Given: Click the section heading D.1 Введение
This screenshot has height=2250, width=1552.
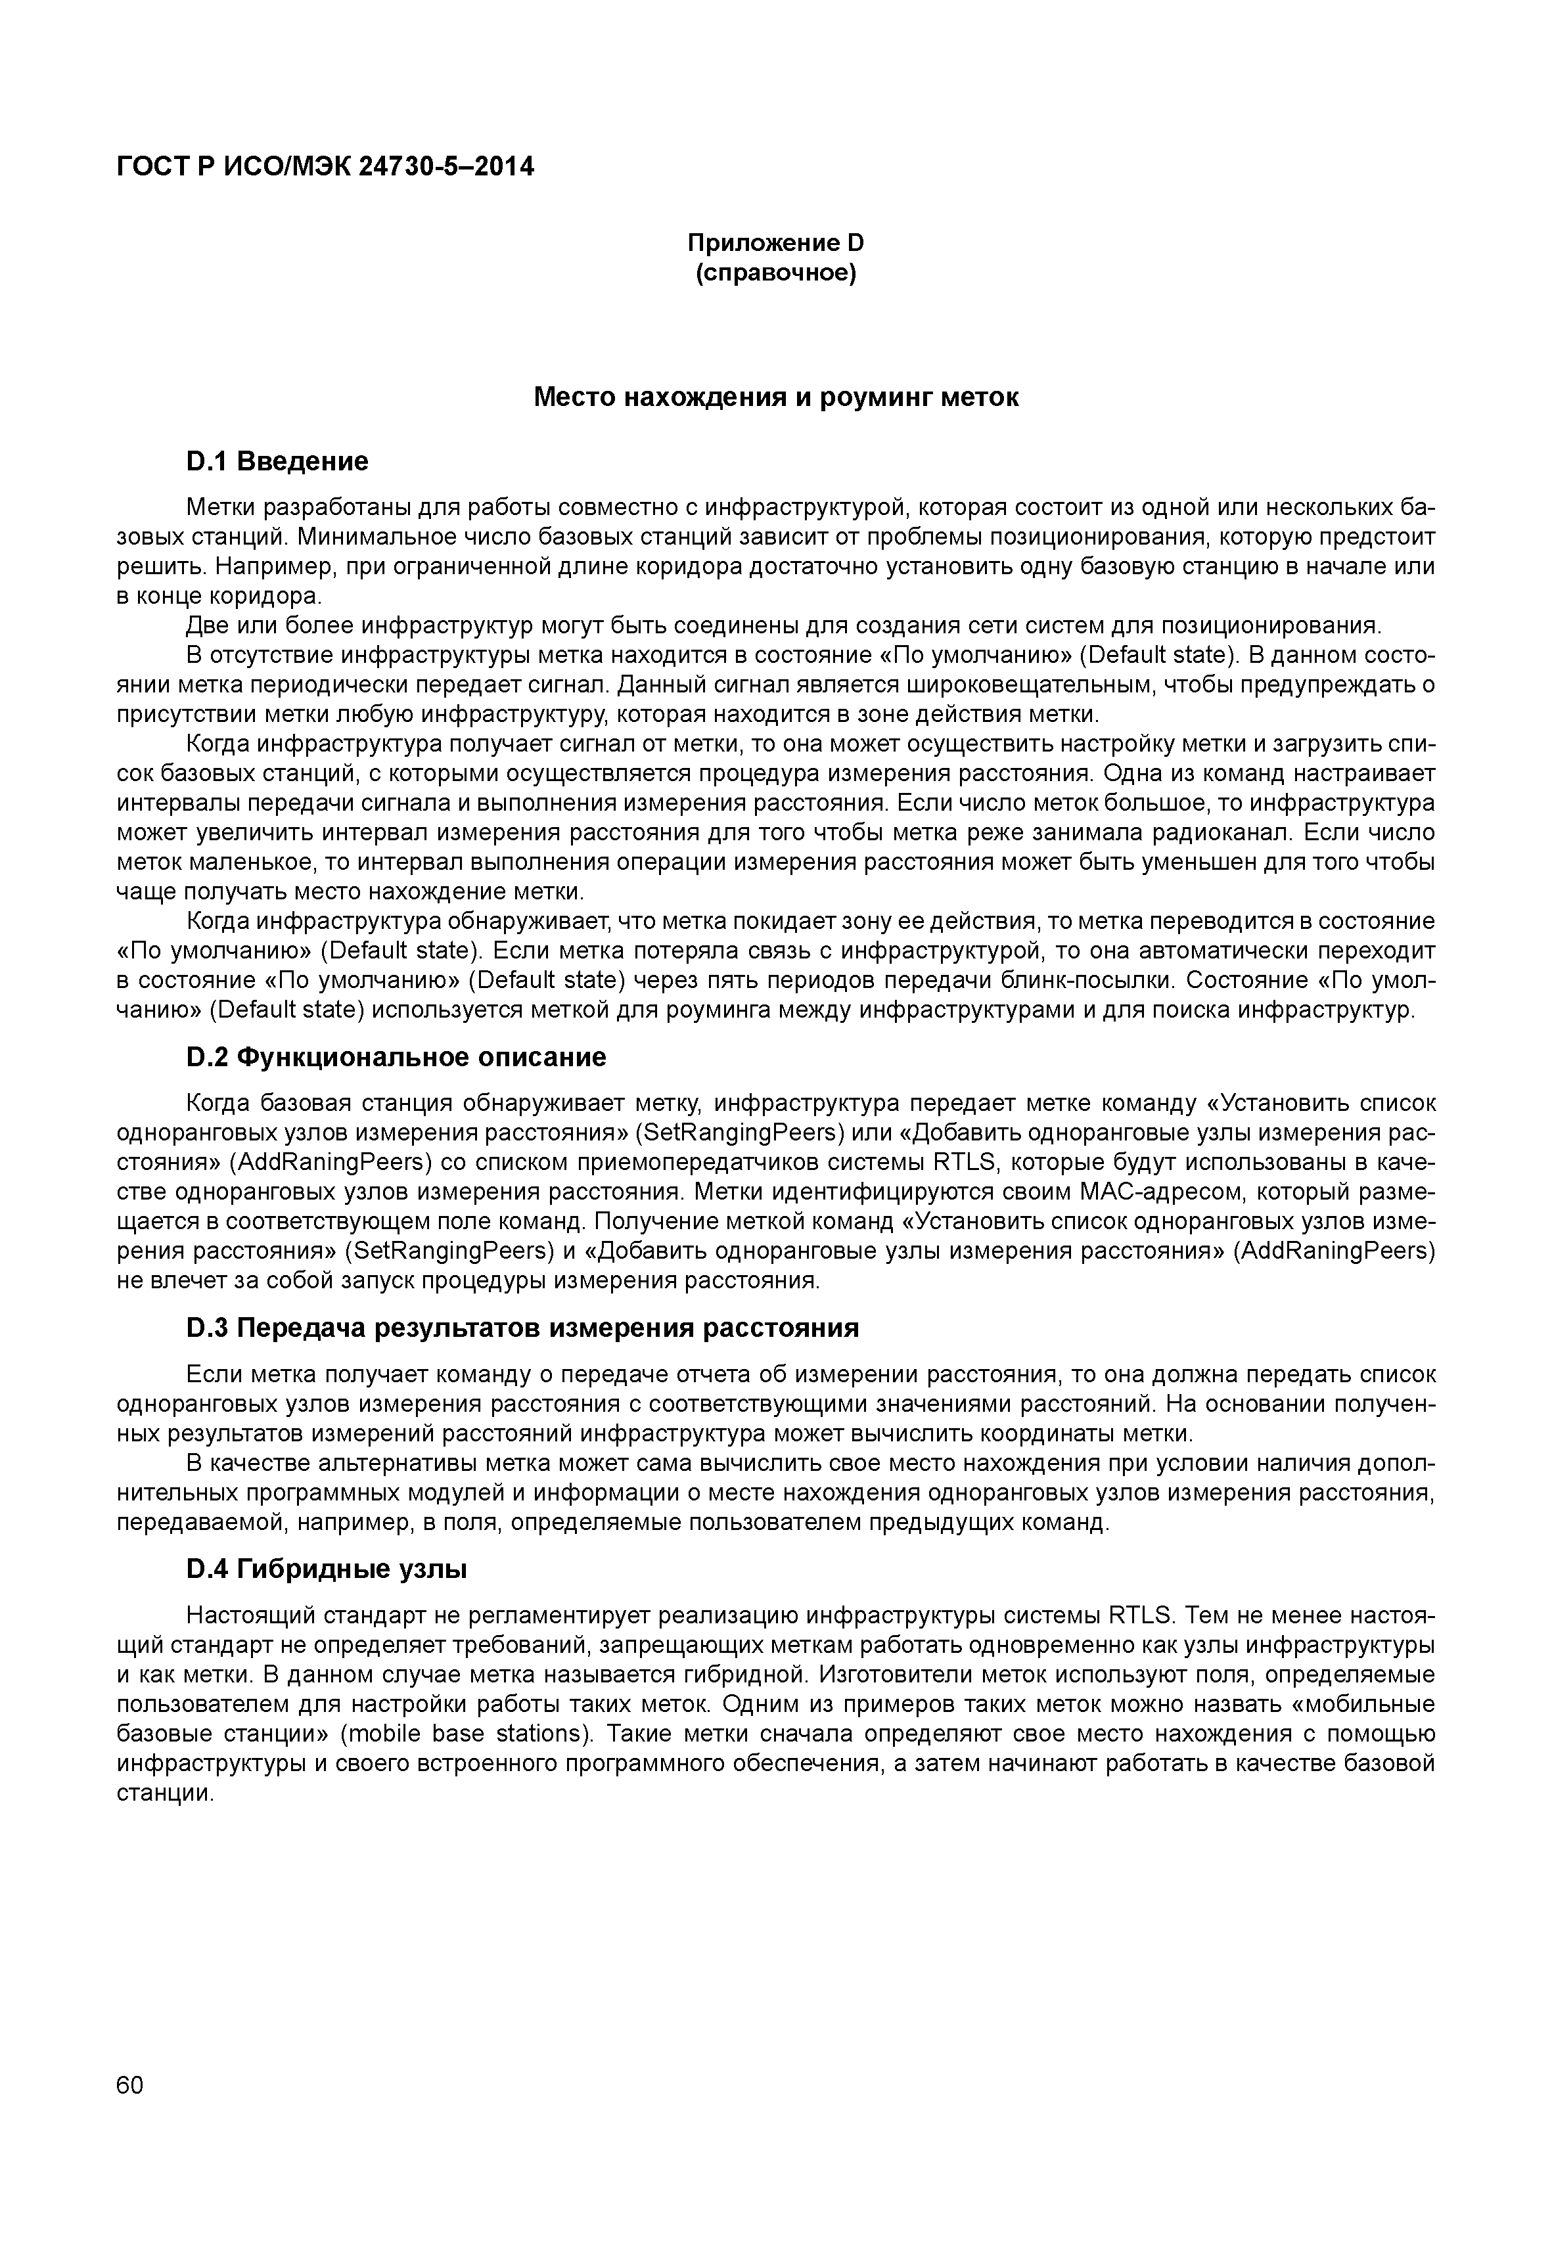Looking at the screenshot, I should [277, 461].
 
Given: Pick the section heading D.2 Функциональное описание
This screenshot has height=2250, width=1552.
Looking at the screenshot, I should [396, 1057].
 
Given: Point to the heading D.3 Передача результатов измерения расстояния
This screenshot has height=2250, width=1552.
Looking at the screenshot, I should [522, 1328].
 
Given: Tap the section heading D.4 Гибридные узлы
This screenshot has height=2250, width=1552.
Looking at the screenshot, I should [326, 1569].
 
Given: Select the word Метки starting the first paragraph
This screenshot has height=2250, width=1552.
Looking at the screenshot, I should [219, 508].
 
